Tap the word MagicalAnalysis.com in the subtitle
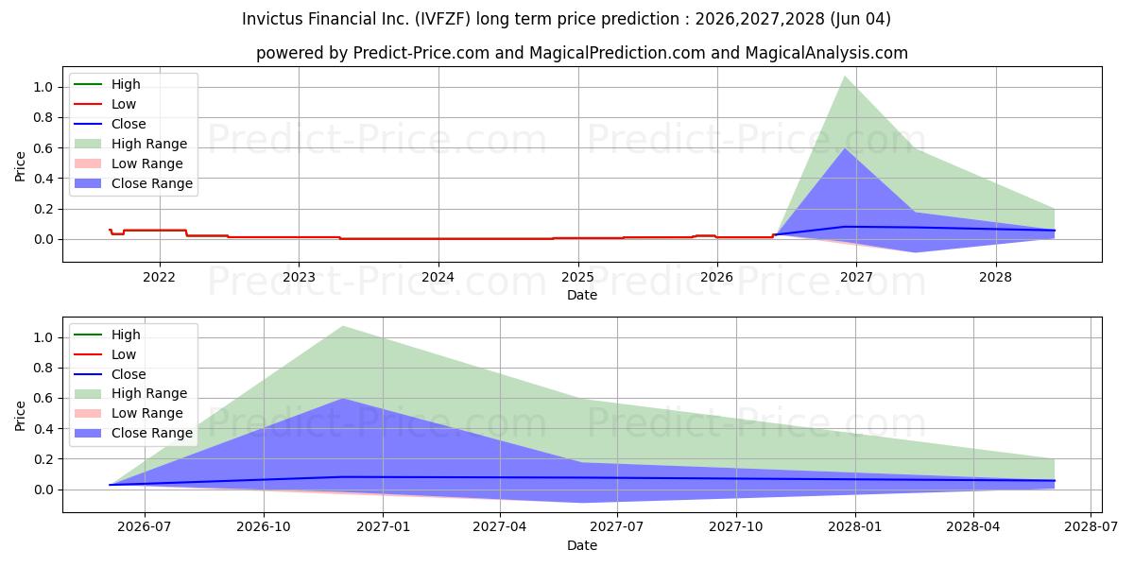point(827,53)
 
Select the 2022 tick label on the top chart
point(159,278)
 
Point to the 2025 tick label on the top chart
point(577,278)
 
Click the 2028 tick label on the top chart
point(995,278)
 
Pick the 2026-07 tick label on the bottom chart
point(145,527)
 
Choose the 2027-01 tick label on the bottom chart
point(383,527)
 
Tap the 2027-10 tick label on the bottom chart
point(735,527)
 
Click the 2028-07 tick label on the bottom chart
point(1091,527)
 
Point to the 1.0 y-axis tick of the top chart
point(43,87)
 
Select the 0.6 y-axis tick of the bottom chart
point(43,399)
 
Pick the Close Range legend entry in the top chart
point(133,183)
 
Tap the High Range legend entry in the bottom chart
point(130,393)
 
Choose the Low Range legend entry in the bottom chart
point(129,413)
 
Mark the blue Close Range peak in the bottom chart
point(343,399)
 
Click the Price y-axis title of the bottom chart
point(20,416)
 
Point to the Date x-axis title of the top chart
point(582,295)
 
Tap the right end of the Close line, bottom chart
point(1055,480)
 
